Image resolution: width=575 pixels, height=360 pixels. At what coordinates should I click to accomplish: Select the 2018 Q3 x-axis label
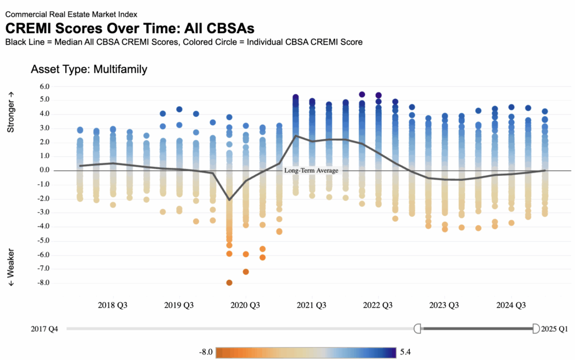112,306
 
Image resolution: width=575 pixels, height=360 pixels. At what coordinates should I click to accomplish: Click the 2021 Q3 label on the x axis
312,306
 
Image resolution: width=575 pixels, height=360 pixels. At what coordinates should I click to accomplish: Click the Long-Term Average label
311,170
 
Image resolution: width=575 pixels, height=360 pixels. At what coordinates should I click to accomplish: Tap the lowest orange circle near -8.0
229,282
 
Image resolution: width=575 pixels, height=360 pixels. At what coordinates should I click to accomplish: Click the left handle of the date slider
417,328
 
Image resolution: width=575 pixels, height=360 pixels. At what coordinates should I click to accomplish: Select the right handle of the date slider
535,328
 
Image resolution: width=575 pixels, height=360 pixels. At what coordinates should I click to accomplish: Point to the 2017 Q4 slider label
44,329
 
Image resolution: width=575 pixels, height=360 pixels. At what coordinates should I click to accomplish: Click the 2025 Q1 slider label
556,329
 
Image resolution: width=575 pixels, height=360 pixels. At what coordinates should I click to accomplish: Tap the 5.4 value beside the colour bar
406,352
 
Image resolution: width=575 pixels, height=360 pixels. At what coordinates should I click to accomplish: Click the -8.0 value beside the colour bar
206,352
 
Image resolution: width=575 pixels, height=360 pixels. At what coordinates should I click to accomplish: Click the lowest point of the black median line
229,199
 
